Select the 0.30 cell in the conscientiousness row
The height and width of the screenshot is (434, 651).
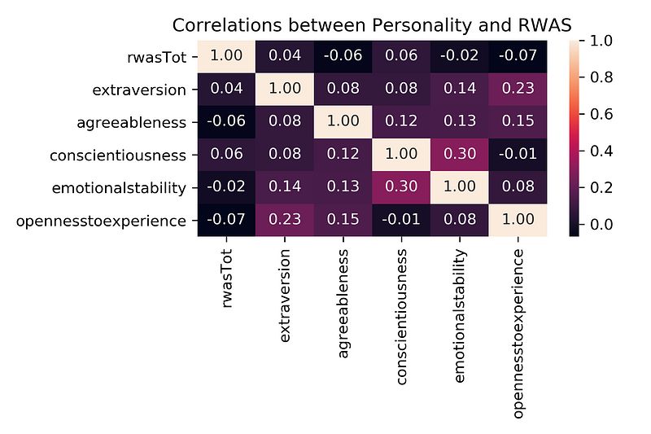(459, 155)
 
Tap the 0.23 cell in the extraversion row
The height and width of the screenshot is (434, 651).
(518, 90)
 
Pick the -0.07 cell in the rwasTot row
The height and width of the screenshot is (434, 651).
(518, 57)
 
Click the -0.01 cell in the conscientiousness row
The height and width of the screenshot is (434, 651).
(518, 155)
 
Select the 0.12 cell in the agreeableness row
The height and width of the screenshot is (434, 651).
(400, 122)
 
